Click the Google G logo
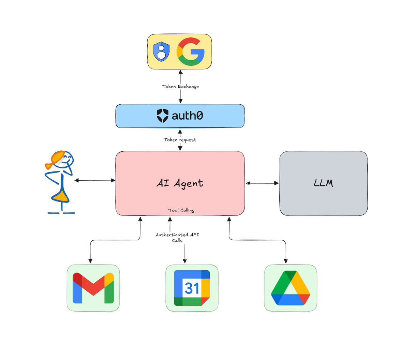tap(191, 52)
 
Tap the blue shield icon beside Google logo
tap(161, 51)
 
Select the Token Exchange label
tap(180, 87)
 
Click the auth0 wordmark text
tap(187, 116)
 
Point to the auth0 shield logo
tap(163, 116)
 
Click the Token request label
tap(180, 140)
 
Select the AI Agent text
tap(180, 183)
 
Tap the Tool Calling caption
tap(181, 210)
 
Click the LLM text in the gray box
tap(323, 183)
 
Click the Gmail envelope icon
tap(93, 288)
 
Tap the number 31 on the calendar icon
tap(192, 288)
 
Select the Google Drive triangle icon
tap(291, 288)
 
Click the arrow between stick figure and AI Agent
tap(95, 180)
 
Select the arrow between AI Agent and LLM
tap(262, 183)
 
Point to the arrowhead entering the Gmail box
tap(90, 261)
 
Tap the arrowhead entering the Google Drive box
tap(285, 261)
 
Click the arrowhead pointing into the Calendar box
tap(185, 261)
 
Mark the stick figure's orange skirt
tap(61, 195)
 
